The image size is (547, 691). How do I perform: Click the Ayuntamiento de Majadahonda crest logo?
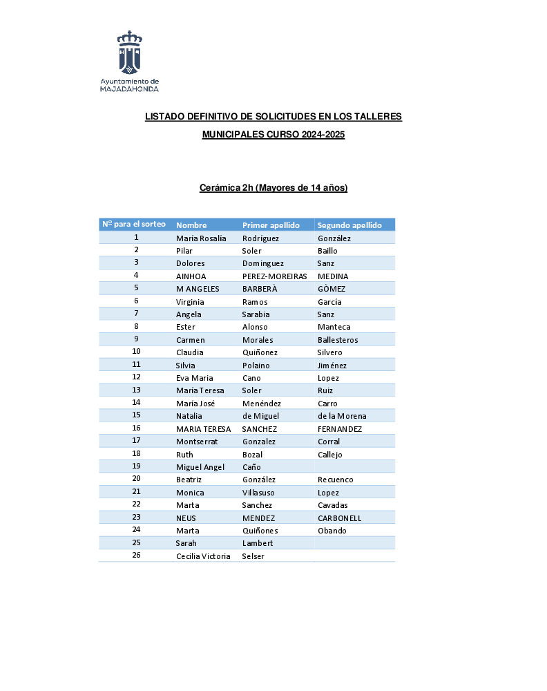(129, 52)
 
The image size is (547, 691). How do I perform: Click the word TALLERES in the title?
(378, 117)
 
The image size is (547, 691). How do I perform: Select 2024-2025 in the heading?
(323, 135)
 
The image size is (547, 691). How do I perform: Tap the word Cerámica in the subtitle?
(220, 188)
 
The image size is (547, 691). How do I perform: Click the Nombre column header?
(191, 225)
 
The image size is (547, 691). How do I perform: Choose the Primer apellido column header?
(271, 225)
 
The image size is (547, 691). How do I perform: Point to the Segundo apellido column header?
(349, 225)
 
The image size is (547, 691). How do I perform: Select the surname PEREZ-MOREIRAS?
(274, 276)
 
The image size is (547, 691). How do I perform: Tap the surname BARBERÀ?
(260, 289)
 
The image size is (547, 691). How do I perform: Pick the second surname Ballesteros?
(338, 340)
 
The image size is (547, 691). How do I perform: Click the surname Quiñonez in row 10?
(259, 352)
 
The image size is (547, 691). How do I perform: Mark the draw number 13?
(137, 390)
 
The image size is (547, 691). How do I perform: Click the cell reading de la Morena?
(342, 416)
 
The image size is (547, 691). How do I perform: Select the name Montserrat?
(197, 442)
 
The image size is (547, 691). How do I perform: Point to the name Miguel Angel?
(200, 467)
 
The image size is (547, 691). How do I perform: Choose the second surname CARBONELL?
(339, 518)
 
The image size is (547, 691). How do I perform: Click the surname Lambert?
(258, 543)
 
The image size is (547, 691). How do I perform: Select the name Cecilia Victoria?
(203, 556)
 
